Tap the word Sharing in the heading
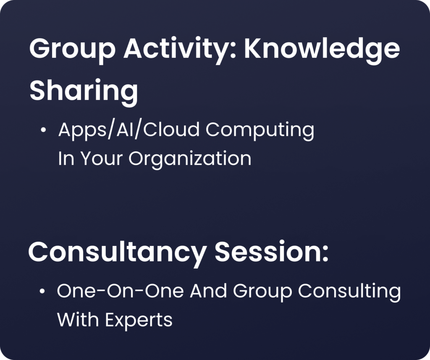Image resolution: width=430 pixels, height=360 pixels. (84, 92)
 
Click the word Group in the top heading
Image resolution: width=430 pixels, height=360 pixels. (72, 51)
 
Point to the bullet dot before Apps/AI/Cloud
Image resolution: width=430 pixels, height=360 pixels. (43, 130)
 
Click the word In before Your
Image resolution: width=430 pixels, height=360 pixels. (66, 158)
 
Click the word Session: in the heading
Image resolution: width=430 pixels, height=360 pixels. (272, 252)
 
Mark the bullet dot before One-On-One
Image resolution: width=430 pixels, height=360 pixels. (42, 291)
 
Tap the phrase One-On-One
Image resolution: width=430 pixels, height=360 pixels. (120, 291)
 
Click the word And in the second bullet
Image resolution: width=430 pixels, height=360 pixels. (208, 291)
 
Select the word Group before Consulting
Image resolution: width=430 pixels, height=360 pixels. (262, 292)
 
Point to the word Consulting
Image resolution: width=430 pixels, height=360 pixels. (349, 292)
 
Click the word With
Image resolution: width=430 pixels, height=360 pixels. (78, 319)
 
